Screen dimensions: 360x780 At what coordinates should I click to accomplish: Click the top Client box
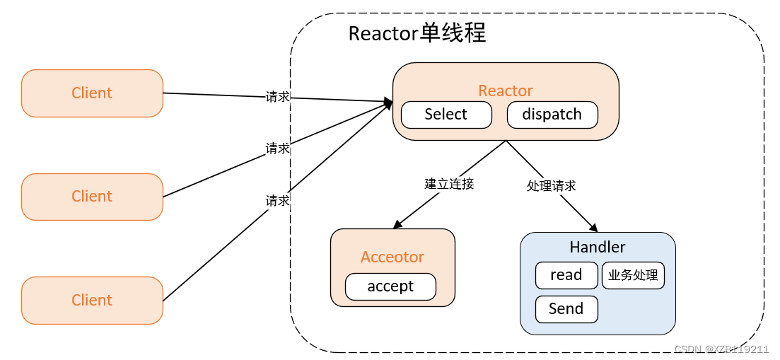(x=92, y=93)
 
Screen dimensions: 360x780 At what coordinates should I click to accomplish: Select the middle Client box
(x=92, y=197)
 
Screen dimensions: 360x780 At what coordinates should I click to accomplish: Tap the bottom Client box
(x=92, y=301)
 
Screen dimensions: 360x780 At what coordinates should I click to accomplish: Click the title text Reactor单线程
(x=417, y=33)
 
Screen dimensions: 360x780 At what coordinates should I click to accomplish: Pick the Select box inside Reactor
(x=446, y=115)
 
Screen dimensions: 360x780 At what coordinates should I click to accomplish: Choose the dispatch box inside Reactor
(x=552, y=115)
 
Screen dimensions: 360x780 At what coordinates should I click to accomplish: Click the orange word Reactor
(x=506, y=91)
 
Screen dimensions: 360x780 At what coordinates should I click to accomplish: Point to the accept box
(x=390, y=286)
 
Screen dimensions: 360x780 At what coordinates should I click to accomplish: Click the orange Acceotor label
(x=392, y=257)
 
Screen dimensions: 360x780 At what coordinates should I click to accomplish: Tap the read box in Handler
(x=566, y=275)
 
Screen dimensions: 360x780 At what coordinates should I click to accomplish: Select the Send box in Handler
(x=566, y=309)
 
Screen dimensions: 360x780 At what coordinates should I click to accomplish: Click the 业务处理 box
(x=633, y=275)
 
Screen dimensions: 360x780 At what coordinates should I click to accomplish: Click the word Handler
(x=598, y=248)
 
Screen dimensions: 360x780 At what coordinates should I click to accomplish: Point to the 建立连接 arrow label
(x=449, y=184)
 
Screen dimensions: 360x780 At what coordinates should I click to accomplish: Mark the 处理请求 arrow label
(x=552, y=186)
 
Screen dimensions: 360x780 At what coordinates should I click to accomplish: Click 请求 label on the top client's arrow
(x=277, y=97)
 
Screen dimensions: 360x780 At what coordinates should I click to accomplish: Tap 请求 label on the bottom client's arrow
(x=277, y=201)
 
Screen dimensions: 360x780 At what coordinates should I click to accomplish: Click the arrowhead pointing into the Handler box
(x=594, y=228)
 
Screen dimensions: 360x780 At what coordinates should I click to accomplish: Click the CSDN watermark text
(x=721, y=349)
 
